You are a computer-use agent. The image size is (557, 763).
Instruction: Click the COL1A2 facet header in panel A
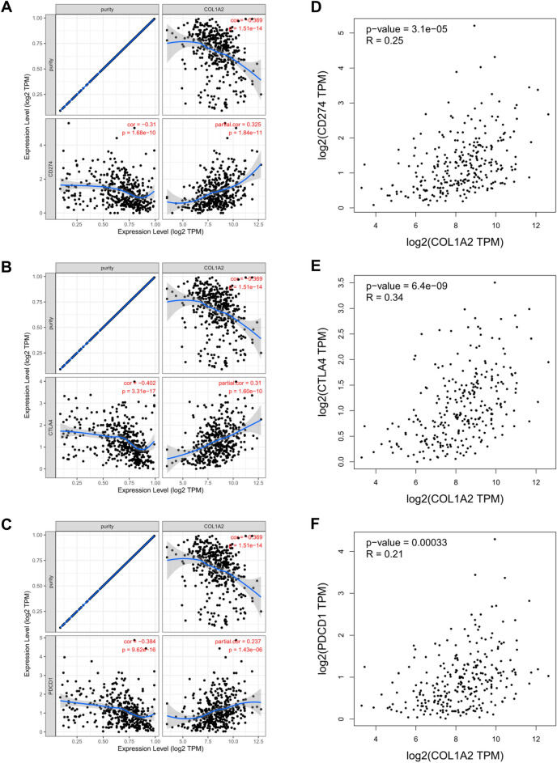point(214,6)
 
